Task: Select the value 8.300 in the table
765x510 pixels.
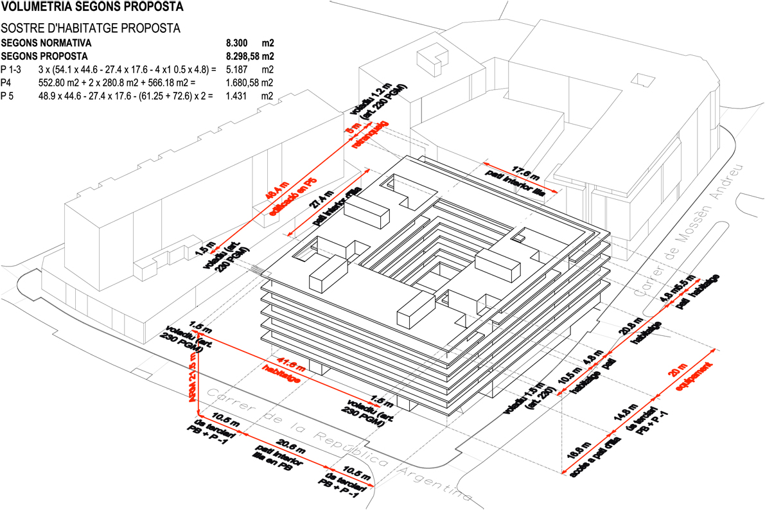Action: [237, 44]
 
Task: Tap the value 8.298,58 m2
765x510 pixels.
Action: [251, 57]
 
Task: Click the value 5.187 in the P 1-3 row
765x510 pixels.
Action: [237, 69]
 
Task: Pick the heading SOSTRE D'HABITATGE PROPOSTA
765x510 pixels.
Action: [90, 29]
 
